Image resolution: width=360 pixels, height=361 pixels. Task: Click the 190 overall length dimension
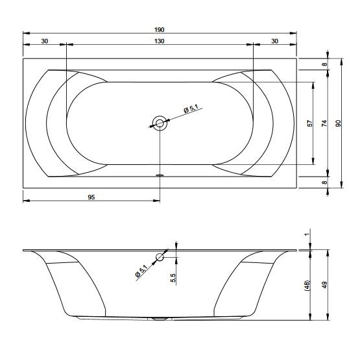click(x=159, y=30)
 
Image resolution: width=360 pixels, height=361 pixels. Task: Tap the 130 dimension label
click(x=159, y=41)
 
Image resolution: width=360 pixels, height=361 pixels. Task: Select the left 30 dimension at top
click(x=45, y=41)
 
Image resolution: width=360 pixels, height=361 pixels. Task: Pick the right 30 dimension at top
click(x=274, y=41)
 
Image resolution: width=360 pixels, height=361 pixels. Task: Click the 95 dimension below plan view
click(x=91, y=197)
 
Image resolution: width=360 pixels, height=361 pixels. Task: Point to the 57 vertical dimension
click(x=310, y=123)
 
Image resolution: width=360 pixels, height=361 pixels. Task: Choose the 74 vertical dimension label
click(x=324, y=123)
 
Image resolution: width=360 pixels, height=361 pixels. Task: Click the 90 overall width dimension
click(x=338, y=123)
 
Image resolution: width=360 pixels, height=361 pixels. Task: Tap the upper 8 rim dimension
click(x=324, y=64)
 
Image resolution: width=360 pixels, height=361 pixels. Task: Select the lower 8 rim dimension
click(x=324, y=182)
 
